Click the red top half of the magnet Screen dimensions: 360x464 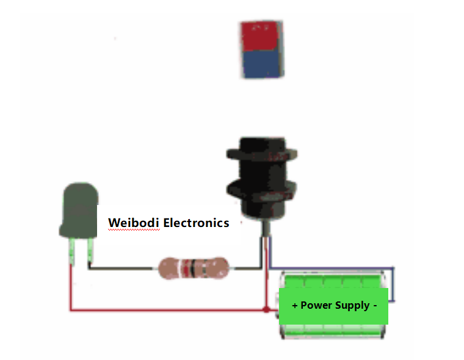point(262,37)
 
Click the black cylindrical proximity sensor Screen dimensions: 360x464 point(263,177)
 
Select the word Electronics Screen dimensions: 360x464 point(196,223)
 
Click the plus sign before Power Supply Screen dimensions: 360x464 point(295,305)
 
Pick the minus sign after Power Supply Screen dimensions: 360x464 point(375,304)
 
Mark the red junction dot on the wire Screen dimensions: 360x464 point(266,310)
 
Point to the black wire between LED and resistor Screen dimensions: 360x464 point(122,267)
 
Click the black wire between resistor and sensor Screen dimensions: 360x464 point(244,267)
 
